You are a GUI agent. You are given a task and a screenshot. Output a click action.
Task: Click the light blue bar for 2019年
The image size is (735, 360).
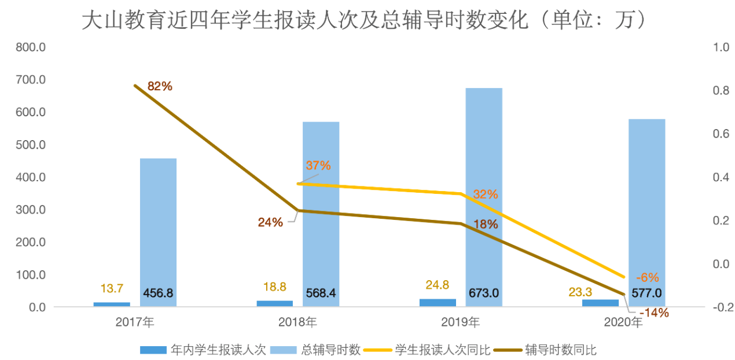click(484, 197)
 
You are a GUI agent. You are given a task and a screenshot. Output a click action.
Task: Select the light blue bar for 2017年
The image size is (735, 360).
click(158, 232)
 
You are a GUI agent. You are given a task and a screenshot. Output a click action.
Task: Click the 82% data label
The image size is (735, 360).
click(160, 86)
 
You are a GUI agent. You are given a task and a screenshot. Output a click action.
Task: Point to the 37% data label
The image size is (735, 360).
click(318, 166)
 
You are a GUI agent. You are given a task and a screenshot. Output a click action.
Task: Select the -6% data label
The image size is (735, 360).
click(647, 277)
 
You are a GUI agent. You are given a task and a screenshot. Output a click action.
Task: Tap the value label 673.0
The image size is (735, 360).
click(484, 293)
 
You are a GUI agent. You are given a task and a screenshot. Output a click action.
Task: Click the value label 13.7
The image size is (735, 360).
click(111, 288)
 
